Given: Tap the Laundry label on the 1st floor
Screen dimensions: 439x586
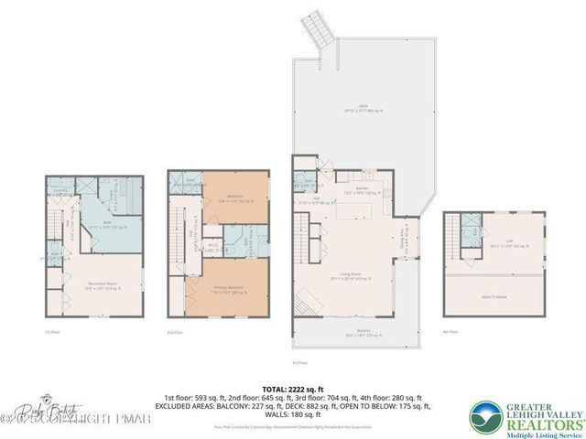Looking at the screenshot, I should (x=61, y=190).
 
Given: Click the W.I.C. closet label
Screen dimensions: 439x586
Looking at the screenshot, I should (x=212, y=245).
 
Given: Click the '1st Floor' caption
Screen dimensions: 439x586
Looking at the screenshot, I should (x=52, y=332).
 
